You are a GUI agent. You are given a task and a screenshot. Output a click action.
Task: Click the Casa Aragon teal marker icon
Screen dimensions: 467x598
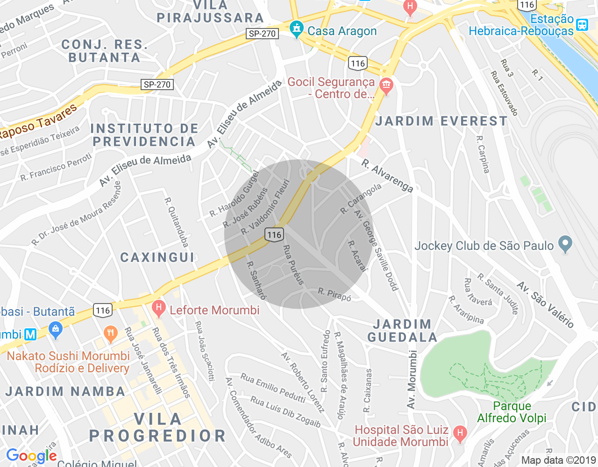click(x=296, y=29)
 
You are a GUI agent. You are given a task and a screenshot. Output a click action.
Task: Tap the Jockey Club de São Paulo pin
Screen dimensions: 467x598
click(x=565, y=244)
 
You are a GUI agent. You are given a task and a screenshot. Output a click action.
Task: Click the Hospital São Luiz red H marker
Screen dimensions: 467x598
click(x=460, y=434)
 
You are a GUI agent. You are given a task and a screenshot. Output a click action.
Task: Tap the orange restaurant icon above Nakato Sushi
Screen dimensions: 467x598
click(x=111, y=334)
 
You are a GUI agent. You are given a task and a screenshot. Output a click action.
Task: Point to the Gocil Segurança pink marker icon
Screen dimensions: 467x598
click(x=386, y=86)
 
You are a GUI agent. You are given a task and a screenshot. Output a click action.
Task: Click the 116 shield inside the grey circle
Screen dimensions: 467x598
click(x=274, y=234)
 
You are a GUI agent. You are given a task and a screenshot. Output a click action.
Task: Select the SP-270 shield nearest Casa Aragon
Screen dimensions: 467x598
click(x=262, y=34)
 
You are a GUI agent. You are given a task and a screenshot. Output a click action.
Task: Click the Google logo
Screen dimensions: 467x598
click(x=31, y=456)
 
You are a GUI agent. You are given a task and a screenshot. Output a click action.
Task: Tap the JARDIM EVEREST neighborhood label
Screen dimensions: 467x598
click(x=441, y=121)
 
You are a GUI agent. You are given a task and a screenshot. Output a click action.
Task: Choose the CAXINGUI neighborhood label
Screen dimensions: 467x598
click(x=157, y=257)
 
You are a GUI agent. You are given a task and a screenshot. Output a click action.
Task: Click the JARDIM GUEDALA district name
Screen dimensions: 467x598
click(x=402, y=331)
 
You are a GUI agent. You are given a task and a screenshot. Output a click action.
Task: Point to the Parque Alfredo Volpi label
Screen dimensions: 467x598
click(x=512, y=412)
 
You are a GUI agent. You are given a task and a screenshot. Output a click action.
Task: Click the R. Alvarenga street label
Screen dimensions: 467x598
click(x=387, y=176)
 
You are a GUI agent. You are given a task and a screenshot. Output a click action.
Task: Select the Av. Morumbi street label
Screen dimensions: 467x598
click(x=412, y=379)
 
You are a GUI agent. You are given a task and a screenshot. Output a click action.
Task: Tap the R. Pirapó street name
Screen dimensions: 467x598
click(x=335, y=294)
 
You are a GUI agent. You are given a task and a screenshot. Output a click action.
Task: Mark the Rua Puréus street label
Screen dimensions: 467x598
click(x=294, y=265)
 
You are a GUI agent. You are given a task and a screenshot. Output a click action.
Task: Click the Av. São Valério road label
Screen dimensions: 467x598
click(x=545, y=304)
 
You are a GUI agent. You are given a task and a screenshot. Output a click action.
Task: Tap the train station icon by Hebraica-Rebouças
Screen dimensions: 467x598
click(x=582, y=25)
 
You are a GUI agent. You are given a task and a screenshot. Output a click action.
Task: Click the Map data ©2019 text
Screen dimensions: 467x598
click(x=558, y=460)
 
